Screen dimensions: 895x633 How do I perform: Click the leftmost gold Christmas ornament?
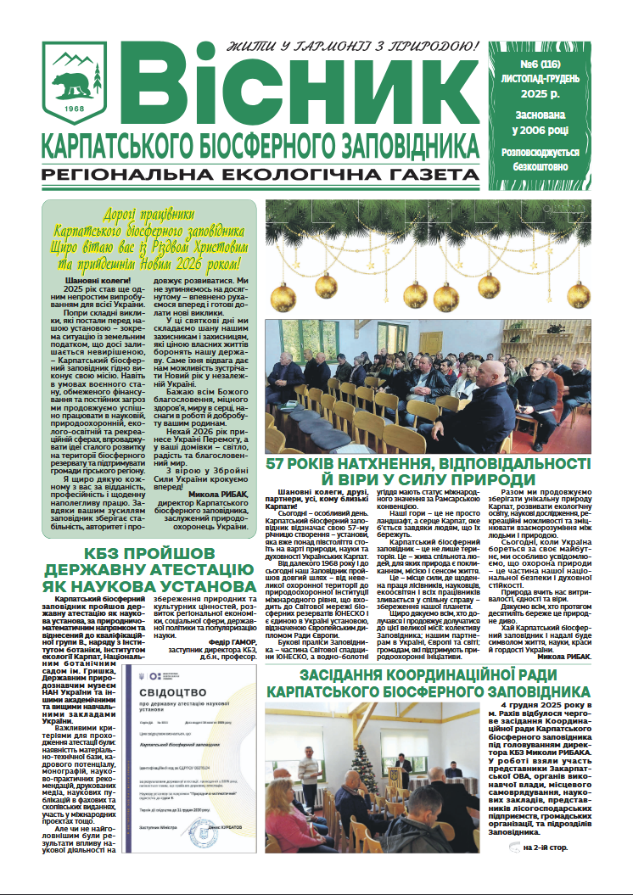(x=283, y=294)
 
